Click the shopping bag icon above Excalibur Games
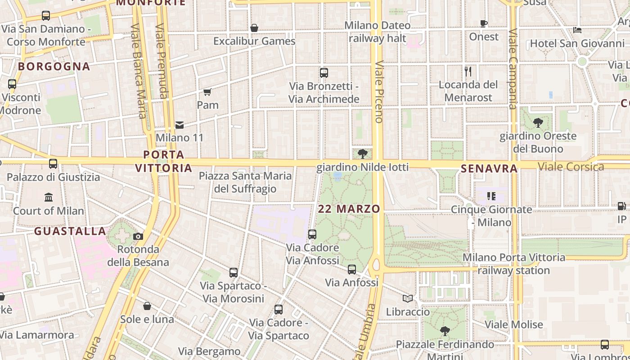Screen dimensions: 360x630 tap(254, 28)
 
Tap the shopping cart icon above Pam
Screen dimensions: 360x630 tap(207, 92)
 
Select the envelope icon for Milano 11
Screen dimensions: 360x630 tap(180, 125)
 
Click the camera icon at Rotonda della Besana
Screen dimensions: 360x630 tap(138, 236)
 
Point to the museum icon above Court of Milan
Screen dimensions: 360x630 tap(49, 197)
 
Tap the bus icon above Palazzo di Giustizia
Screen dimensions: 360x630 tap(53, 164)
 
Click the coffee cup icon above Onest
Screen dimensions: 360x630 tap(484, 23)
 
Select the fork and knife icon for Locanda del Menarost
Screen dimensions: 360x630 tap(468, 71)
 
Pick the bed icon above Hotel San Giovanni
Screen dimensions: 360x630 tap(578, 30)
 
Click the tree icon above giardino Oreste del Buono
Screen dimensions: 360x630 tap(538, 123)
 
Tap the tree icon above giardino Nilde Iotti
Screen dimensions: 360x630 tap(362, 154)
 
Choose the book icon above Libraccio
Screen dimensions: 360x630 tap(408, 298)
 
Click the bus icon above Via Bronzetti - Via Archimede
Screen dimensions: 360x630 tap(324, 72)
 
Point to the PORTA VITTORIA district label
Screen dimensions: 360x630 tap(164, 161)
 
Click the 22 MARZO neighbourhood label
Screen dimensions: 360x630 tap(349, 209)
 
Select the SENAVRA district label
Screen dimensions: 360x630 tap(489, 169)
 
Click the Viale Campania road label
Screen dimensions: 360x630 tap(513, 69)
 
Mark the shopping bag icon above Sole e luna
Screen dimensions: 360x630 tap(147, 306)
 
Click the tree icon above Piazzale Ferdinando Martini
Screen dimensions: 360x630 tap(445, 331)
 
